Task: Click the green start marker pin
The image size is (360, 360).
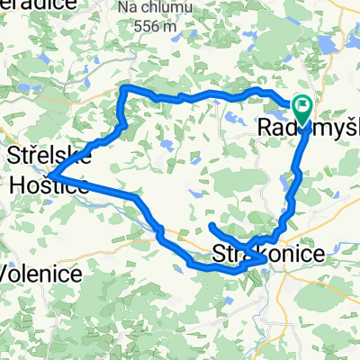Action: point(301,111)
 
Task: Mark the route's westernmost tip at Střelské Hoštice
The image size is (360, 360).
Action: point(50,174)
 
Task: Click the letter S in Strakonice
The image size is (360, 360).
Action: point(220,256)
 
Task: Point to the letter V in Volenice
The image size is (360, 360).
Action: point(8,273)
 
